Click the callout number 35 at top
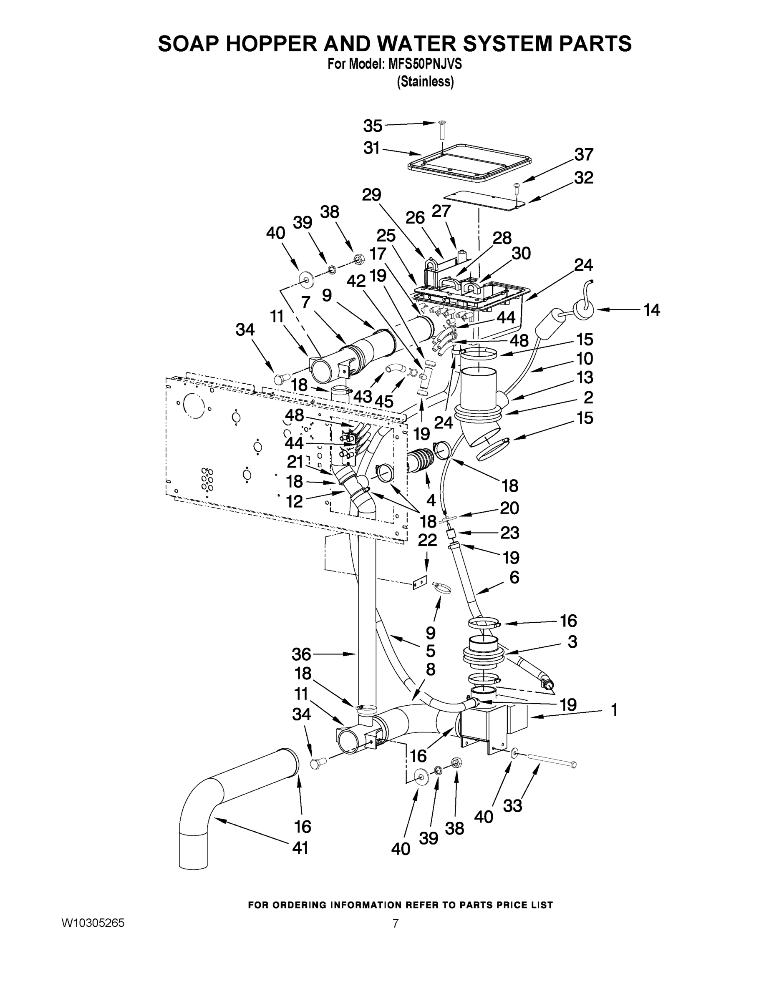pos(372,126)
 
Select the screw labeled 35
pos(442,131)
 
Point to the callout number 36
pos(301,654)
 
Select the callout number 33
pos(513,805)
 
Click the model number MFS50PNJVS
pos(425,65)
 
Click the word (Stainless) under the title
pos(426,82)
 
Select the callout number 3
pos(572,641)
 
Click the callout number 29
pos(371,195)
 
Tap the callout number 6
pos(514,578)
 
